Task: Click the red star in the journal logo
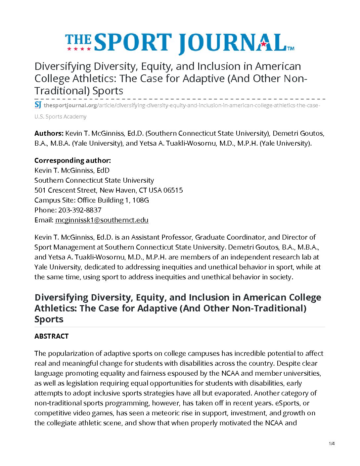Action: coord(263,44)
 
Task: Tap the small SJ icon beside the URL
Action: coord(38,105)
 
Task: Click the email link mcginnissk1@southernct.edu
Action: coord(102,220)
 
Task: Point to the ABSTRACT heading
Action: coord(51,336)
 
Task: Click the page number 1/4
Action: coord(332,444)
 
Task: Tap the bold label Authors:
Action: coord(49,133)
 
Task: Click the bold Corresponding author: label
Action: coord(72,161)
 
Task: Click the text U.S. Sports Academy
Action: coord(60,117)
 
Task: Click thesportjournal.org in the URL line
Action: coord(70,106)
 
